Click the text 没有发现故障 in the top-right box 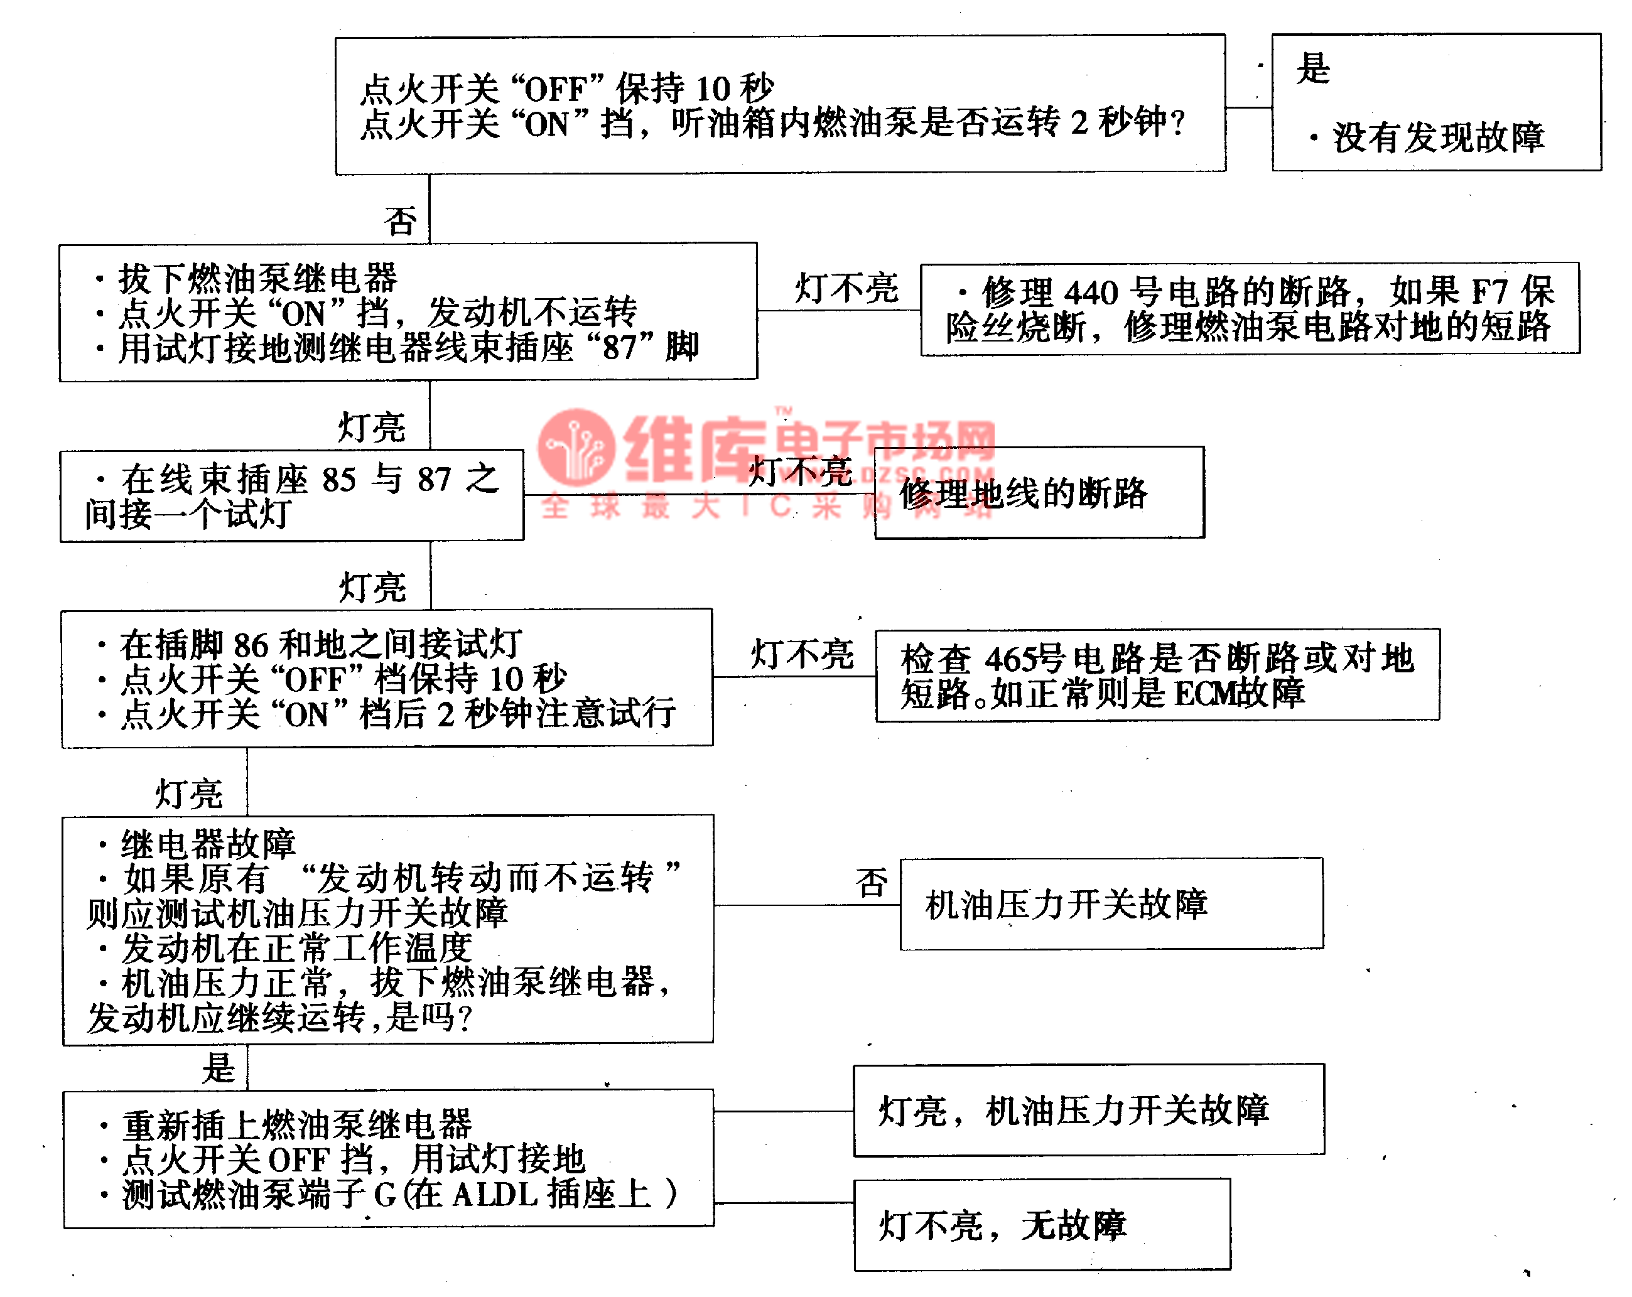coord(1438,137)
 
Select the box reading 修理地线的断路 coord(1039,493)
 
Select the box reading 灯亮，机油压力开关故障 coord(1088,1110)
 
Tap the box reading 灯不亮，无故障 coord(1042,1225)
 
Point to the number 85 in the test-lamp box coord(338,480)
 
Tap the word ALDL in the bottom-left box coord(495,1195)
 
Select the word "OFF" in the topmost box coord(555,89)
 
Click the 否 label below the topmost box coord(399,222)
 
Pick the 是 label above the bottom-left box coord(219,1068)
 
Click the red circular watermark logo coord(576,446)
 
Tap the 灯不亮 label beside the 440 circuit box coord(846,288)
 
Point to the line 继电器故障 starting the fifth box coord(208,844)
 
